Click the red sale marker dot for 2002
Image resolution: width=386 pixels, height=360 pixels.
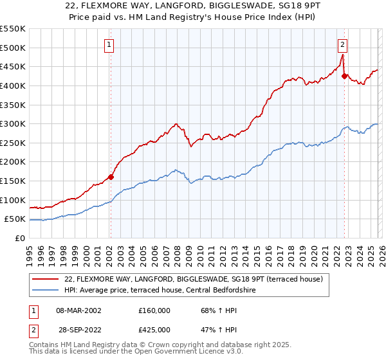click(x=111, y=177)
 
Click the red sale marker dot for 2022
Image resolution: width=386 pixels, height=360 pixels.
click(x=344, y=76)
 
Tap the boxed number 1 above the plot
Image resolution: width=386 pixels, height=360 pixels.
click(x=109, y=45)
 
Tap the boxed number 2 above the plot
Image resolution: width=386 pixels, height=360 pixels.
click(x=342, y=45)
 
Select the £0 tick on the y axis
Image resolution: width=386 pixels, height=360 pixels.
click(x=21, y=238)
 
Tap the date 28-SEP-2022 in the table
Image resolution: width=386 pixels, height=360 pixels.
click(x=78, y=330)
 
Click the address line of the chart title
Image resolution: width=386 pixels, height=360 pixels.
click(x=193, y=6)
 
